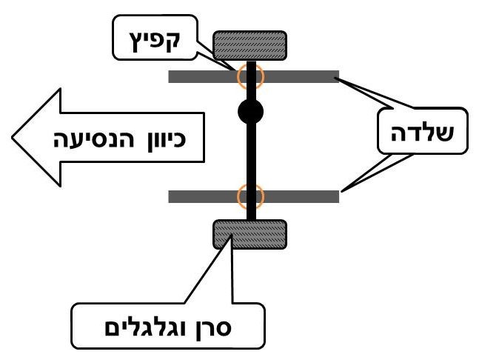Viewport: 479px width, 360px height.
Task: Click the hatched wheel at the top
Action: coord(250,45)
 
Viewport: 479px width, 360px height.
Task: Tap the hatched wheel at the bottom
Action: coord(250,234)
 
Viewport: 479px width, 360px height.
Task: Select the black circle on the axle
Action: coord(251,113)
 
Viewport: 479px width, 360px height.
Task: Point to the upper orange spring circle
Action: coord(250,76)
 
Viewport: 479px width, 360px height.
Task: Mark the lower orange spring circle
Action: coord(250,196)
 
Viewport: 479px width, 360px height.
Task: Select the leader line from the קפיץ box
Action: coord(219,62)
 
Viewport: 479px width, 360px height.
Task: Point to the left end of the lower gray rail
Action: coord(172,196)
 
